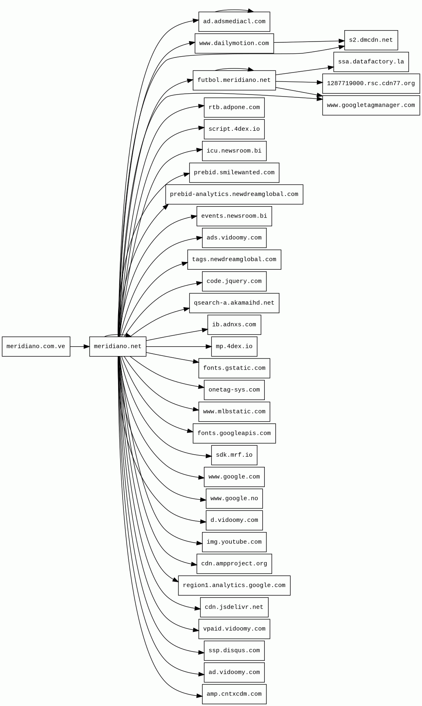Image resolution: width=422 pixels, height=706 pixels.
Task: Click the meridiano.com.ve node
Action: tap(36, 347)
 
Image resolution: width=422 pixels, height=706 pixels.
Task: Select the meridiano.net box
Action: tap(118, 347)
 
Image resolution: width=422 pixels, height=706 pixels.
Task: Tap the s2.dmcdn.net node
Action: tap(371, 40)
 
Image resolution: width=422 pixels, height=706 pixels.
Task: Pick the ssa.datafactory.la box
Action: tap(371, 62)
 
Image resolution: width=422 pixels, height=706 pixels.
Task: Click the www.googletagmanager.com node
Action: tap(371, 106)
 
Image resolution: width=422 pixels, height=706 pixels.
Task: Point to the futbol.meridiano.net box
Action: tap(234, 80)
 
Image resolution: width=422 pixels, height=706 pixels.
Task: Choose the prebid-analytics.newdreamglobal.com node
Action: tap(234, 194)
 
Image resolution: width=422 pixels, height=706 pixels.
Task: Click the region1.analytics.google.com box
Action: tap(234, 585)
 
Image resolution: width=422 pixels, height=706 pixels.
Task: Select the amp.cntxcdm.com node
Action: tap(234, 694)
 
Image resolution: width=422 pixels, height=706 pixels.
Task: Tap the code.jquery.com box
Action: tap(234, 282)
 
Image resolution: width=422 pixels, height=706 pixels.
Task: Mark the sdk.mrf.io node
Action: tap(234, 455)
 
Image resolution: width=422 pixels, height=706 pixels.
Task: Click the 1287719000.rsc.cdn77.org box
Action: tap(371, 84)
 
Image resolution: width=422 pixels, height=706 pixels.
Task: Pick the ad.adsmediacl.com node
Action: tap(234, 22)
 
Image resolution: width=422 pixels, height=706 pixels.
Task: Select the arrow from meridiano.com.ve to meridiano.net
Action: tap(79, 347)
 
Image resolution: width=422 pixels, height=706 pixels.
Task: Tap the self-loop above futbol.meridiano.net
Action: tap(234, 69)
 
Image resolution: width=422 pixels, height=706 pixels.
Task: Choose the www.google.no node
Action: tap(234, 499)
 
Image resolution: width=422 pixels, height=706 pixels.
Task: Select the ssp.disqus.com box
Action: tap(234, 651)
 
